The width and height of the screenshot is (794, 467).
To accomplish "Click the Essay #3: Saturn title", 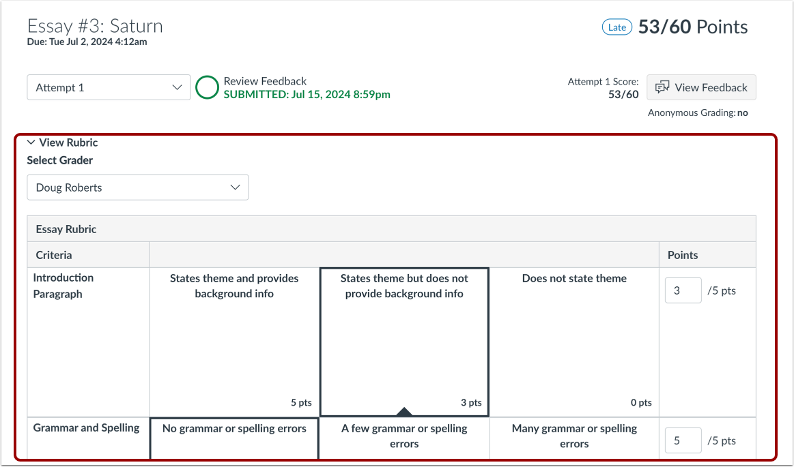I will tap(95, 26).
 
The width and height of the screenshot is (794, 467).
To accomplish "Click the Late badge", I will tap(616, 27).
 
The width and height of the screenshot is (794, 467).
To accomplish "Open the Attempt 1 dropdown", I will tap(109, 87).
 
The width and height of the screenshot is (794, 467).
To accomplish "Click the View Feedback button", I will tap(701, 87).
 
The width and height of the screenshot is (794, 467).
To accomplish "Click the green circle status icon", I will tap(208, 87).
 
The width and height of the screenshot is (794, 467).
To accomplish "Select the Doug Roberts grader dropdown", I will tap(138, 187).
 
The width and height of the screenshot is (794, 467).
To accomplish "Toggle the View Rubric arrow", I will tap(31, 142).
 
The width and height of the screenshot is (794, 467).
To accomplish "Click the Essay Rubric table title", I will tap(66, 229).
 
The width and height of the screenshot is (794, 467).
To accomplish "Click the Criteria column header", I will tap(54, 255).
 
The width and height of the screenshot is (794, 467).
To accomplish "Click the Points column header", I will tap(683, 255).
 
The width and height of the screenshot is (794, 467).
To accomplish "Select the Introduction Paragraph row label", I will tap(63, 286).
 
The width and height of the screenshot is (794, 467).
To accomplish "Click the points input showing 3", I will tap(683, 290).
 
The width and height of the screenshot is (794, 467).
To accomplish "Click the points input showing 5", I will tap(683, 440).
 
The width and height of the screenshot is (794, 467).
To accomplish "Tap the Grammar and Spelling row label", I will tap(86, 428).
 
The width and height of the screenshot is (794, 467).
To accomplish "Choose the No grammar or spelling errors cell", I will tap(234, 436).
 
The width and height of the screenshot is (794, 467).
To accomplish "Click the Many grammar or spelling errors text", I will tap(574, 436).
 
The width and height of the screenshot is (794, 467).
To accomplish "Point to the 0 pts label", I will tap(641, 403).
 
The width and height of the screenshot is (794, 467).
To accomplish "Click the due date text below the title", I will tap(87, 42).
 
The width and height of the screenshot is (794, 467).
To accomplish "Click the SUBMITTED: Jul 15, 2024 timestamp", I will tap(307, 95).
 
